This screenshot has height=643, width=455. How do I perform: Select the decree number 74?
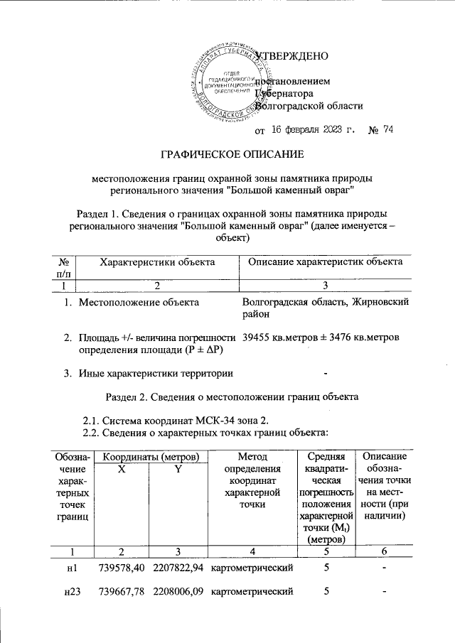coord(387,130)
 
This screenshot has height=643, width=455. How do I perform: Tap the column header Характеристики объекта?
coord(157,262)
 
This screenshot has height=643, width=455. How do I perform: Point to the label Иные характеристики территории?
coord(156,373)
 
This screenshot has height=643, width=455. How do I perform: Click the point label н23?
coord(70,591)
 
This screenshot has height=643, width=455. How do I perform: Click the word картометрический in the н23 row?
coord(253,591)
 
